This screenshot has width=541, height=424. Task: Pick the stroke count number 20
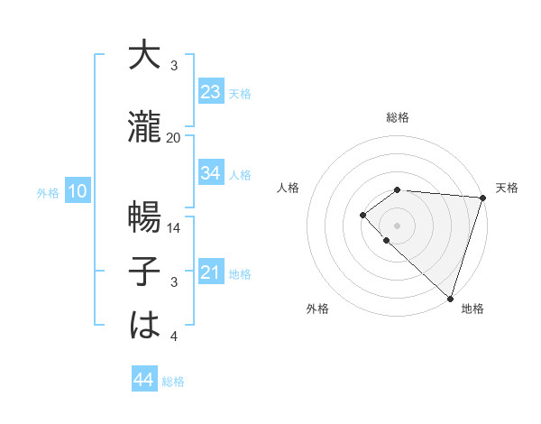click(174, 138)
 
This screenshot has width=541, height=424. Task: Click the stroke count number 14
click(174, 229)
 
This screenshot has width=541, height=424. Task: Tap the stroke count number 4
click(174, 336)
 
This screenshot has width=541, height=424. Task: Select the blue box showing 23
click(210, 92)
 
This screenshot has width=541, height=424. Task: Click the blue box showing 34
click(210, 173)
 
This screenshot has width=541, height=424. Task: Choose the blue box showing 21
click(210, 272)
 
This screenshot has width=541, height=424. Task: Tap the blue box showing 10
click(77, 191)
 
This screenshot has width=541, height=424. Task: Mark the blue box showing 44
click(143, 381)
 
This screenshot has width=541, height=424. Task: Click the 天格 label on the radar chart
click(507, 188)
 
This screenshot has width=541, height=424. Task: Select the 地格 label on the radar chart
click(472, 309)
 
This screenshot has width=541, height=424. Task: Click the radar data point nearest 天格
click(483, 198)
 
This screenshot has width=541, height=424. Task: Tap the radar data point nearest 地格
click(450, 298)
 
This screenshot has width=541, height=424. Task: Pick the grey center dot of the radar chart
click(397, 225)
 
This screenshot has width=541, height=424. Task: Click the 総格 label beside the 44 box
click(173, 382)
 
